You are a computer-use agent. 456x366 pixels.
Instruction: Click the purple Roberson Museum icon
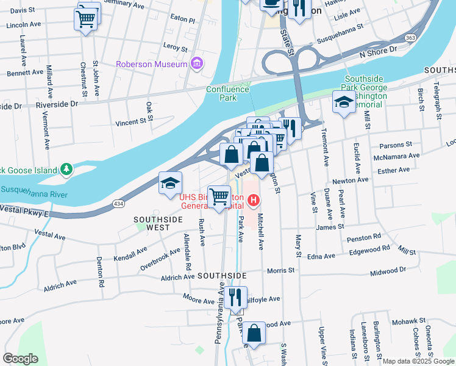point(196,63)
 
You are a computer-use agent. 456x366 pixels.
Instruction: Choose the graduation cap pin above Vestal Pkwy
point(170,182)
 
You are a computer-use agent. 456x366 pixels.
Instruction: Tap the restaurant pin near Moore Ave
point(235,297)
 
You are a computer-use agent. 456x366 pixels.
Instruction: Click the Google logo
point(21,358)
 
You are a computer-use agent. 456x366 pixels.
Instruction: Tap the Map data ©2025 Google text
point(418,361)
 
